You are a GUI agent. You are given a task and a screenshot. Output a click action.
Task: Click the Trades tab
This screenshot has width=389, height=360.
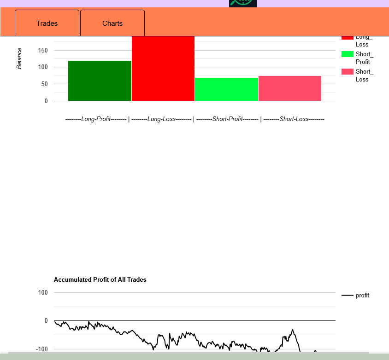[47, 23]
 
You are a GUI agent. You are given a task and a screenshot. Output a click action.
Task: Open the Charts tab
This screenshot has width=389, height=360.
[112, 23]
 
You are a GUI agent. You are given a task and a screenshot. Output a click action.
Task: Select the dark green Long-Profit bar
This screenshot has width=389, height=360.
[100, 81]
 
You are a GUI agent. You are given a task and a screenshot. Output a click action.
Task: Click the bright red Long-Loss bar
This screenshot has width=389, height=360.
[163, 69]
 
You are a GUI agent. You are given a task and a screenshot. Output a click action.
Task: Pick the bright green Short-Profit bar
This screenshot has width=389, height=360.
[226, 89]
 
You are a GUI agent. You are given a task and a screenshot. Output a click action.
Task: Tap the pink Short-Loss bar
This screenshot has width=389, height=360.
[289, 88]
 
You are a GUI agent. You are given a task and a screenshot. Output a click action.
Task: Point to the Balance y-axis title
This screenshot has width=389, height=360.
[19, 58]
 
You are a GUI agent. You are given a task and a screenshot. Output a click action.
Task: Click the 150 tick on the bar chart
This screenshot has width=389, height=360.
[43, 50]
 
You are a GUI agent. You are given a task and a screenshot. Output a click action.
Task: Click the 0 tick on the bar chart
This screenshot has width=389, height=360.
[46, 101]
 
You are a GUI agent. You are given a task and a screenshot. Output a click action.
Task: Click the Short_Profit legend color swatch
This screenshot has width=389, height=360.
[348, 54]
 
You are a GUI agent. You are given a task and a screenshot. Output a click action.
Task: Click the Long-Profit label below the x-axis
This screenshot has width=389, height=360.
[96, 119]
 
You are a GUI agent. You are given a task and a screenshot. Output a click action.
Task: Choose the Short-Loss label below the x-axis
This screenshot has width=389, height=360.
[294, 119]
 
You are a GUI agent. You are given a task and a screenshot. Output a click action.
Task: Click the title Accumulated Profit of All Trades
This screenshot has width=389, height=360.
[100, 279]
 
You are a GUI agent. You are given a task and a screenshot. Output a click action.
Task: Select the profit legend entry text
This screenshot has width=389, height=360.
[362, 296]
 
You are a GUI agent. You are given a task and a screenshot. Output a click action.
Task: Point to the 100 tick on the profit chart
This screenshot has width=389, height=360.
[43, 292]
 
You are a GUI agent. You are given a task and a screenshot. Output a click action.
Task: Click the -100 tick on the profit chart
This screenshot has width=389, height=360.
[42, 349]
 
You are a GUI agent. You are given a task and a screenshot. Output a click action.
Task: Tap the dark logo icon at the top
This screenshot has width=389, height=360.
[243, 3]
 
